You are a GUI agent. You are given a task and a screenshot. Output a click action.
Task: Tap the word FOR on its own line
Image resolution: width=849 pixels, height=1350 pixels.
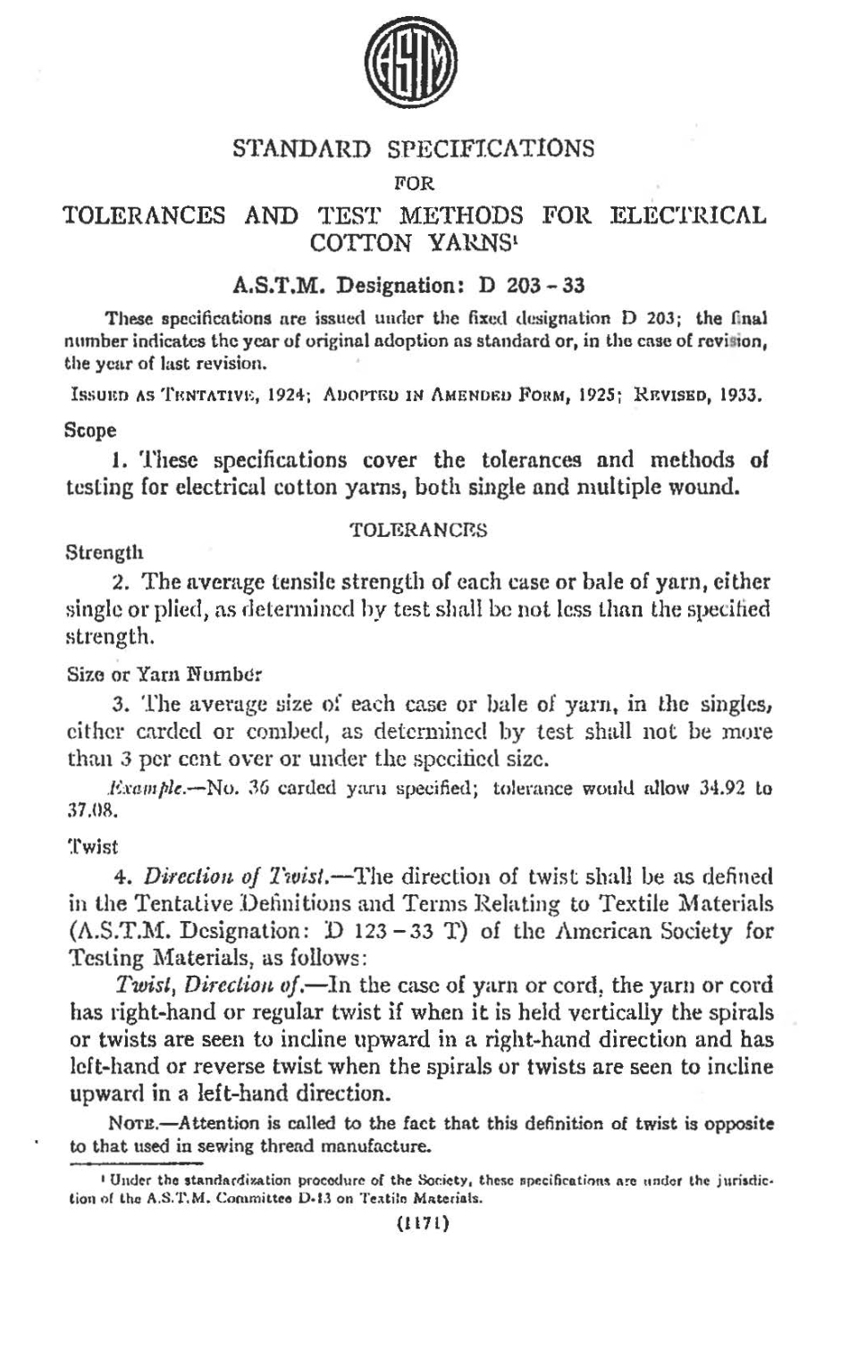(x=414, y=183)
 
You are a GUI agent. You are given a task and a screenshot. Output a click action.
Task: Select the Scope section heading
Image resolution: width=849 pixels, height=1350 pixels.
(x=91, y=431)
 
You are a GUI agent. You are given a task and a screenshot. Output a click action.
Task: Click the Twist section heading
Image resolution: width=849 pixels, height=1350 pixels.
(x=93, y=844)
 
